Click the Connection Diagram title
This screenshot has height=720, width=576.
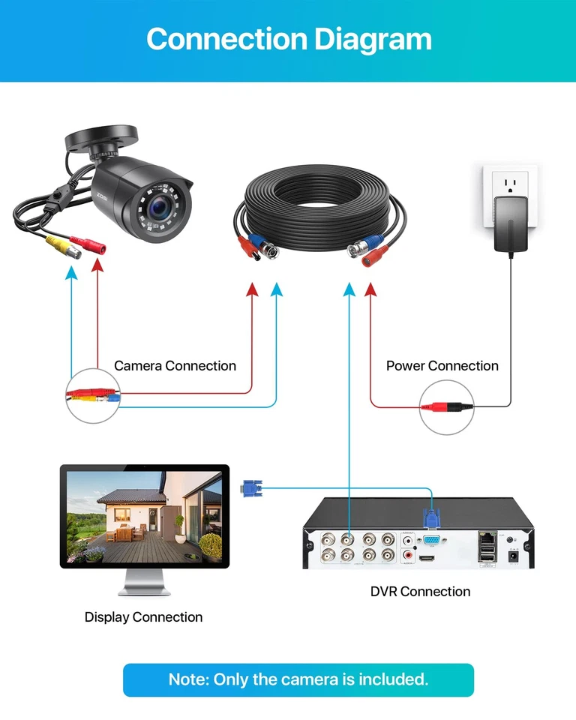point(289,39)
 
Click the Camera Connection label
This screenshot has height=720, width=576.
point(175,366)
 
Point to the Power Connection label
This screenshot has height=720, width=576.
point(442,366)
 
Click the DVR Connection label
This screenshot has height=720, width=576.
point(420,592)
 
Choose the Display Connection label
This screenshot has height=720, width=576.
point(143,617)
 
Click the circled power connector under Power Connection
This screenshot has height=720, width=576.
point(447,407)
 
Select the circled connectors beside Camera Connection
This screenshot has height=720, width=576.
point(93,395)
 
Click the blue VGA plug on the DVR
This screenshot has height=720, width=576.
point(431,520)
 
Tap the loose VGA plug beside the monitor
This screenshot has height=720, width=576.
point(250,487)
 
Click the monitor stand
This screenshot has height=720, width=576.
point(144,582)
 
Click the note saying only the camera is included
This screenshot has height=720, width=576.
point(298,679)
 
